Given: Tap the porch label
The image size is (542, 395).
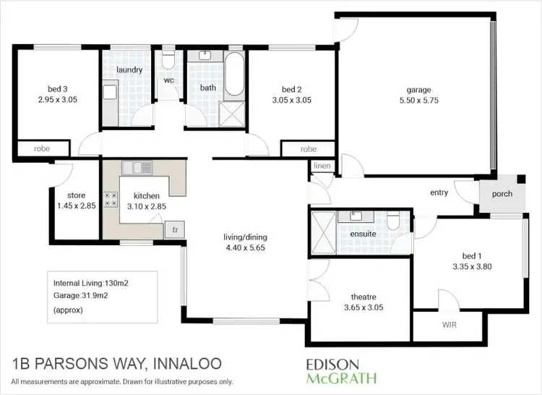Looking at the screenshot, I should pos(503,193).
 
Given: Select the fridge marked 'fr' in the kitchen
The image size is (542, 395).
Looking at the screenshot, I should pos(173,231).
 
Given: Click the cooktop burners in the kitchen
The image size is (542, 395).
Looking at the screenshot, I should pos(111,199).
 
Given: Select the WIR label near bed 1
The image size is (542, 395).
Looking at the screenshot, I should pos(449,325).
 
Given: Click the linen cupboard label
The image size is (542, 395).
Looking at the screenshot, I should pos(322,166).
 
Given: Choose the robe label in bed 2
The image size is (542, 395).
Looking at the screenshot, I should pos(309,149).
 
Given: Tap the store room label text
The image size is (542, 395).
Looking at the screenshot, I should pos(76,195).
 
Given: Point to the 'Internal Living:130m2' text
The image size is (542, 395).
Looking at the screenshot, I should pos(93,282).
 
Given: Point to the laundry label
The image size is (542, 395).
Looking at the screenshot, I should pos(129,70).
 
